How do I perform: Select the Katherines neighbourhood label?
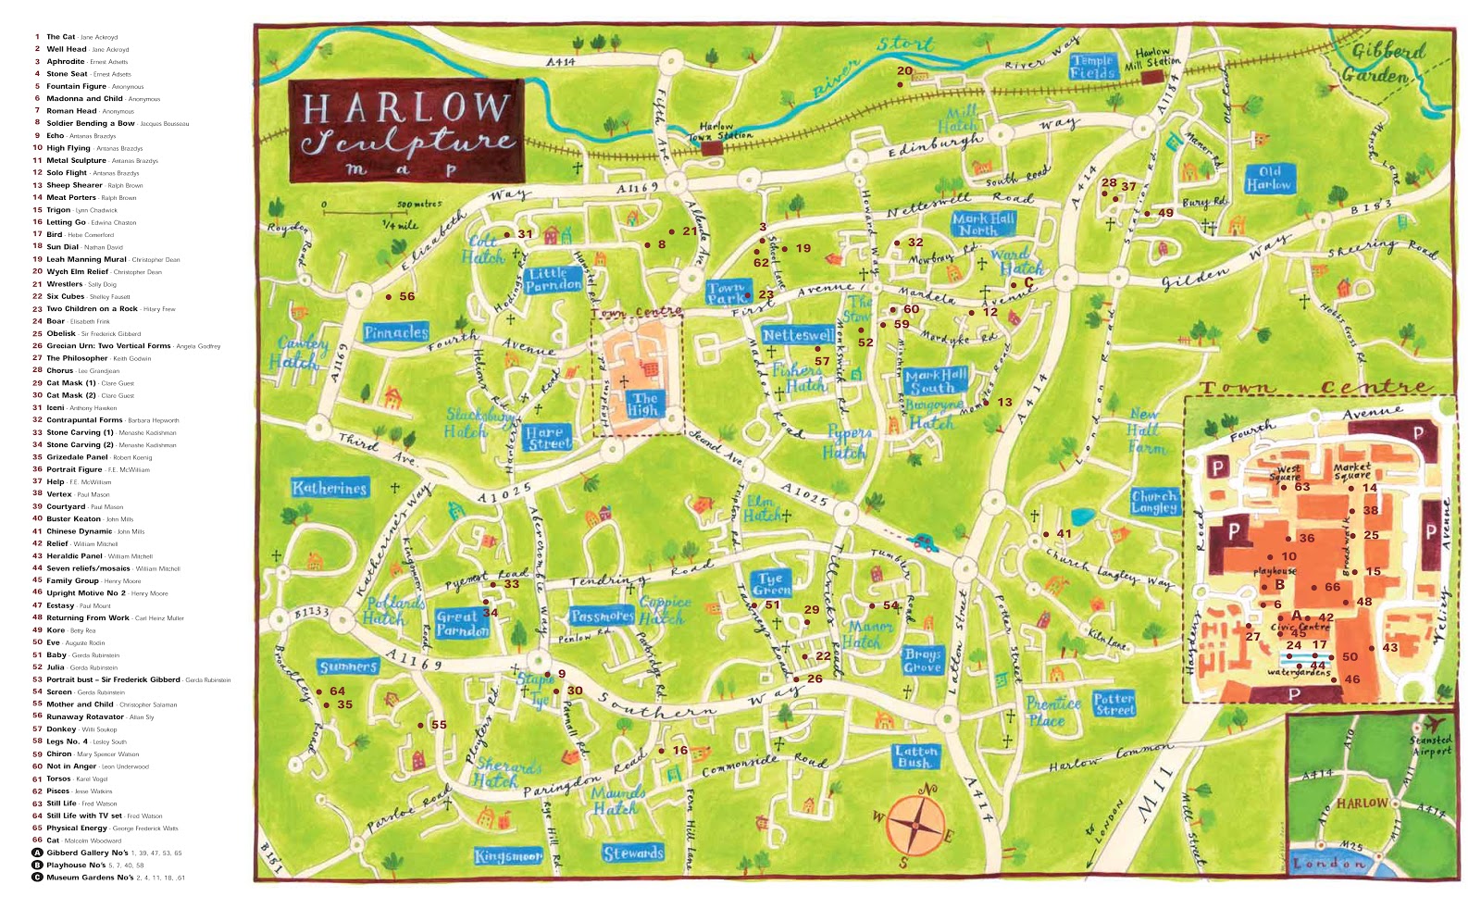coord(330,488)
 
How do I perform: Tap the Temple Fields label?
coord(1091,66)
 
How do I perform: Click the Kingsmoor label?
coord(508,856)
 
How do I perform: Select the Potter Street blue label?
coord(1114,704)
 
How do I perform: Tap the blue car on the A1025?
coord(922,542)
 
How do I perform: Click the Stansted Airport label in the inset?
coord(1429,745)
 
